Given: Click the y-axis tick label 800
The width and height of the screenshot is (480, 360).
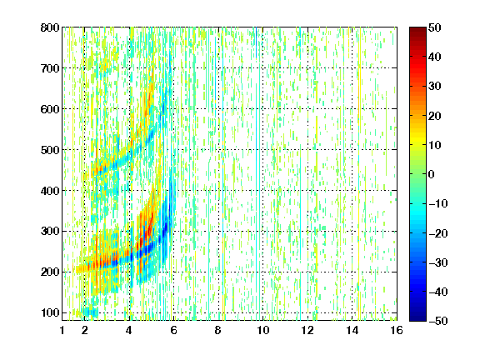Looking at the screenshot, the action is coord(50,27).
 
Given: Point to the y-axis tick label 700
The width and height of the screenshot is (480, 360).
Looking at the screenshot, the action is coord(50,68).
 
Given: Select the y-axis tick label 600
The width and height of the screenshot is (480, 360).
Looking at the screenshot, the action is coord(50,109).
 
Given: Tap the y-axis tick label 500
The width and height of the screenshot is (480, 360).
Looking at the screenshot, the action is coord(50,150).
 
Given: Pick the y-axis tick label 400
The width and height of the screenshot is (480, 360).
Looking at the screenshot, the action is coord(50,191).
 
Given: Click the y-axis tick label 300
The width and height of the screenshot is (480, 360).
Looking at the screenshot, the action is coord(50,231).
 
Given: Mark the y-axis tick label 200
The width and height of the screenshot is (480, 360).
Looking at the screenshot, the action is coord(50,272).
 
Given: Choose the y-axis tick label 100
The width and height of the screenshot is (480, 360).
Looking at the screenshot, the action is coord(50,312).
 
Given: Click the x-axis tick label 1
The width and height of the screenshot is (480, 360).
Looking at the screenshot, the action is coord(62,330).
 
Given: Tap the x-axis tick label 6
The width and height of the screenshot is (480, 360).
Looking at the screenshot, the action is coord(173,330).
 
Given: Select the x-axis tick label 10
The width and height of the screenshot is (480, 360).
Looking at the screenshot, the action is coord(262,330).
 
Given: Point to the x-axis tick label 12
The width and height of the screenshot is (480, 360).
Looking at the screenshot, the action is coord(307,330).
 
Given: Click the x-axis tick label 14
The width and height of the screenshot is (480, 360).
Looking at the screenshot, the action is coord(352,330).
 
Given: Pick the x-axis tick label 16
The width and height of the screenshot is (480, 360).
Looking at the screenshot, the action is coord(397,330).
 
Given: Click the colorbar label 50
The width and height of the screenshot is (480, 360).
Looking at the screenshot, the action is coord(435,27).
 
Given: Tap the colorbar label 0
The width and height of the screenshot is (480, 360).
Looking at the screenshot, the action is coord(432,174).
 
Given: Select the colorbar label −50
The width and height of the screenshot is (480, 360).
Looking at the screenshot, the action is coord(438,321).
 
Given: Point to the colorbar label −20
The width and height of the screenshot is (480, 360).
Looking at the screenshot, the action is coord(438,233).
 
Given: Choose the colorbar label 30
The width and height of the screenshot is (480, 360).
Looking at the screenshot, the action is coord(435,87).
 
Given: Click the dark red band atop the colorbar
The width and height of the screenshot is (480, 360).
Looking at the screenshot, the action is coord(417,33).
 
